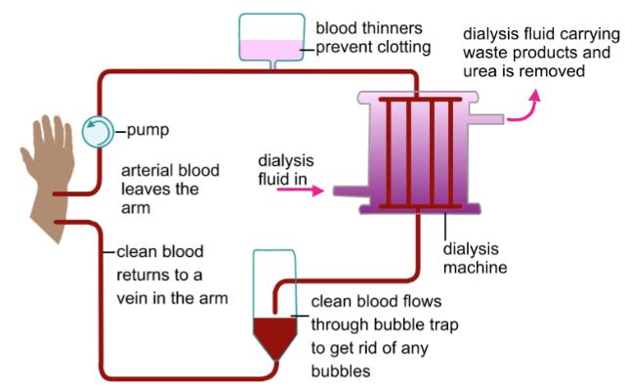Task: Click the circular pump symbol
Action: (98, 132)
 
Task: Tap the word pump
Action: (147, 131)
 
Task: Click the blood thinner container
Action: (271, 38)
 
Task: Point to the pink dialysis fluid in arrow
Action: (301, 191)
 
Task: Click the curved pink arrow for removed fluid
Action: (524, 107)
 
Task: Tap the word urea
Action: (479, 71)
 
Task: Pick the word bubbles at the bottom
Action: (341, 371)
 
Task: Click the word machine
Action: (476, 268)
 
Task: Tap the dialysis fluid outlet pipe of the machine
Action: (486, 118)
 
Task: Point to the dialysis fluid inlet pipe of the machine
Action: (351, 191)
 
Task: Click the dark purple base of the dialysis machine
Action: (420, 209)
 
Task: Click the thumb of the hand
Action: (28, 159)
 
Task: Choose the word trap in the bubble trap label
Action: (443, 325)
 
